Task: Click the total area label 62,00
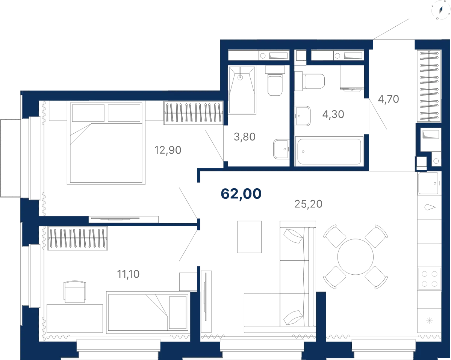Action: point(241,194)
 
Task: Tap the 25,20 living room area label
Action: point(308,204)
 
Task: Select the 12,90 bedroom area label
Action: point(168,150)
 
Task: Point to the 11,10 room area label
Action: point(128,274)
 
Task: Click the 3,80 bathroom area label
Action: point(245,137)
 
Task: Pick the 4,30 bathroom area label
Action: point(333,114)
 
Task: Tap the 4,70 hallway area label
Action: point(388,99)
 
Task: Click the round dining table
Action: point(356,257)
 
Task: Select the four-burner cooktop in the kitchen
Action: point(430,279)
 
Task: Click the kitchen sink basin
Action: point(428,183)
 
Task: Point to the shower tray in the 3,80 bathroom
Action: point(242,90)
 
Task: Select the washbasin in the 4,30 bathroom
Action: point(302,116)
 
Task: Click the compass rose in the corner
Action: point(440,10)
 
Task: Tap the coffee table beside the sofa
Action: point(250,237)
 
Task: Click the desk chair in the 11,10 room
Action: point(75,292)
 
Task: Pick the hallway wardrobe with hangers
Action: point(429,86)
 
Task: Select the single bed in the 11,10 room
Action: point(148,312)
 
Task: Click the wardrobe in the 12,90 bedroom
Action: point(194,113)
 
